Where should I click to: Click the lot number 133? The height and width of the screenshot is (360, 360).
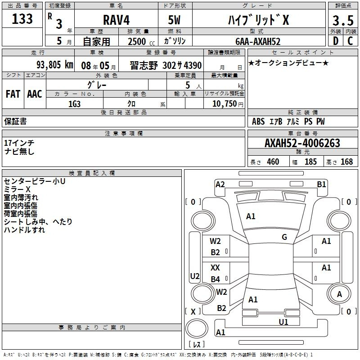coord(22,19)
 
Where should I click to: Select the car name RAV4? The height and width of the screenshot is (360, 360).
coord(115,20)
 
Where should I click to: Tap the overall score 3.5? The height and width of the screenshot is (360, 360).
coord(343,20)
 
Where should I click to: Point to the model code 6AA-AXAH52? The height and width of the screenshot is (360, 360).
coord(258,41)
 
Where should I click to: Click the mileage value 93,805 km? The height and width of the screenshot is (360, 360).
coord(54,64)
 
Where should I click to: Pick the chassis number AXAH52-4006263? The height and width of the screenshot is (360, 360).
coord(302,143)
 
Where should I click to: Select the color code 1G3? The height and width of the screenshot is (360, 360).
coord(75,104)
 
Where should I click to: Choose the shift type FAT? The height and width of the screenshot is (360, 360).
coord(13,94)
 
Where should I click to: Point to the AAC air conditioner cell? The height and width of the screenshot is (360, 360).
coord(35,94)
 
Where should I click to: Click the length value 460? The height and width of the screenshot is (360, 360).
coord(273,162)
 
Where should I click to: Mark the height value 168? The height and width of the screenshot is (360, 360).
coord(346,162)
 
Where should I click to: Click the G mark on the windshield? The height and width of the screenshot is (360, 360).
coord(284,237)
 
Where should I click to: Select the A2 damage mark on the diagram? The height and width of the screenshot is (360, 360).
coord(220,184)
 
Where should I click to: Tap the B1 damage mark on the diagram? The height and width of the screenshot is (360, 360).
coord(321,184)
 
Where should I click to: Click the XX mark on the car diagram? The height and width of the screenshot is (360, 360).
coord(216,268)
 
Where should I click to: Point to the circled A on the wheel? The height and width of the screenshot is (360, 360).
coord(339,294)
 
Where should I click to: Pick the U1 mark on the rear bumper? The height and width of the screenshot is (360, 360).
coord(283,322)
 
